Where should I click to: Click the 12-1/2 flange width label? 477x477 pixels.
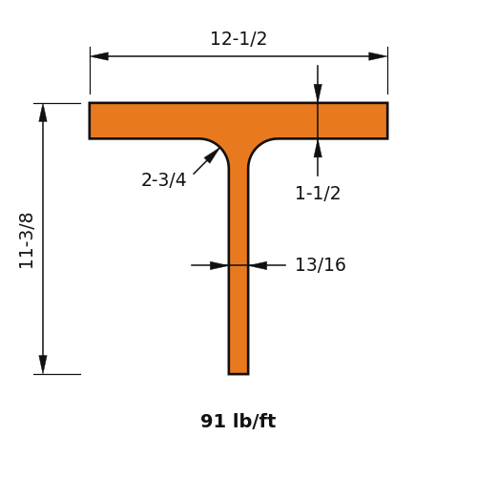pyautogui.click(x=238, y=39)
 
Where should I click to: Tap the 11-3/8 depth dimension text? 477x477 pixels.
pyautogui.click(x=26, y=240)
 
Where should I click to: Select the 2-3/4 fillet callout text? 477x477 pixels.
pyautogui.click(x=163, y=179)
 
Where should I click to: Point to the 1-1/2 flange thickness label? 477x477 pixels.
pyautogui.click(x=318, y=193)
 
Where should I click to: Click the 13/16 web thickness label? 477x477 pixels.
pyautogui.click(x=321, y=264)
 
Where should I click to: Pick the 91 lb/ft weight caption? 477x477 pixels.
pyautogui.click(x=238, y=421)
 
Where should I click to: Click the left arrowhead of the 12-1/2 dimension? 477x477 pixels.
pyautogui.click(x=99, y=56)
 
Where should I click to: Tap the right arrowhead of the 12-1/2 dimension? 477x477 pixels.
pyautogui.click(x=378, y=56)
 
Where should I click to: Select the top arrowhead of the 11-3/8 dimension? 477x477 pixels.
pyautogui.click(x=43, y=113)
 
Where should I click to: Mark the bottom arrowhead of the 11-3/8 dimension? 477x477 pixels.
pyautogui.click(x=43, y=364)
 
